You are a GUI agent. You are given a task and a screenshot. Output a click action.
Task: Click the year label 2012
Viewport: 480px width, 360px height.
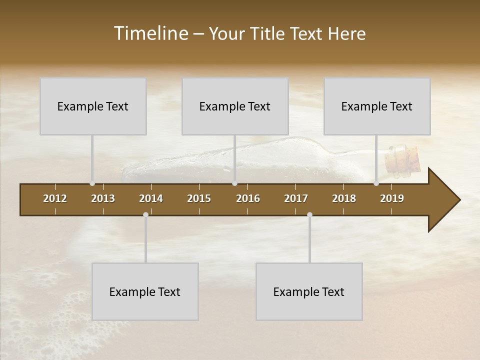coord(55,198)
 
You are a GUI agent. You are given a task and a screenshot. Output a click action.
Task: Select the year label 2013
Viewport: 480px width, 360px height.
coord(103,198)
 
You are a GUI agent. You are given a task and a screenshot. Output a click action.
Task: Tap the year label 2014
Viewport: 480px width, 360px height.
coord(151,198)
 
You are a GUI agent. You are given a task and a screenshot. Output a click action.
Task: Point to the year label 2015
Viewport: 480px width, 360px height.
coord(199,198)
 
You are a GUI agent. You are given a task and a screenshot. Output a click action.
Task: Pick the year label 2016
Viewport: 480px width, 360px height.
coord(248,198)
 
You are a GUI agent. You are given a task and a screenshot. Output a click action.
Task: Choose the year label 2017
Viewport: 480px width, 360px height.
coord(296,198)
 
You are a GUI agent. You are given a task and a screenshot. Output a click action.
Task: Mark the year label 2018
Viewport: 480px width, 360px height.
coord(344,198)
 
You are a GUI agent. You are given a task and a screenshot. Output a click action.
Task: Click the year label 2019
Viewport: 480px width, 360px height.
coord(392,198)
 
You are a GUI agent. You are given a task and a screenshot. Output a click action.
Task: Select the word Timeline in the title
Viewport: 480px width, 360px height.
coord(150,33)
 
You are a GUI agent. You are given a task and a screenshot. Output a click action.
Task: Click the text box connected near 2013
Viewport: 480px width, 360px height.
coord(93,106)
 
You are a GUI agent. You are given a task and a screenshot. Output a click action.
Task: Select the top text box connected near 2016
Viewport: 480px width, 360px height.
coord(235,106)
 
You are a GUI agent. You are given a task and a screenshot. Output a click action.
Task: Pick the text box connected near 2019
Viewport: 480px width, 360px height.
coord(377,106)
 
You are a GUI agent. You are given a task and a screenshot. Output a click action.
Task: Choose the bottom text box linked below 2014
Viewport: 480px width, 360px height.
coord(145,291)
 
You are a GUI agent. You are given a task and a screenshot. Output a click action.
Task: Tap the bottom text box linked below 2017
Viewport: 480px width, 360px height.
coord(309,291)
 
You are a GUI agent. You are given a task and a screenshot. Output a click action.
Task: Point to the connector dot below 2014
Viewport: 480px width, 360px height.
coord(145,215)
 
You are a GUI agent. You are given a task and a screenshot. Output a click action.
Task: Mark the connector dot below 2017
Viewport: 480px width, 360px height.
coord(309,215)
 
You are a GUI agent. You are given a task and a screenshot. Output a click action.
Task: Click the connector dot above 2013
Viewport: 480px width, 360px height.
coord(92,183)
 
